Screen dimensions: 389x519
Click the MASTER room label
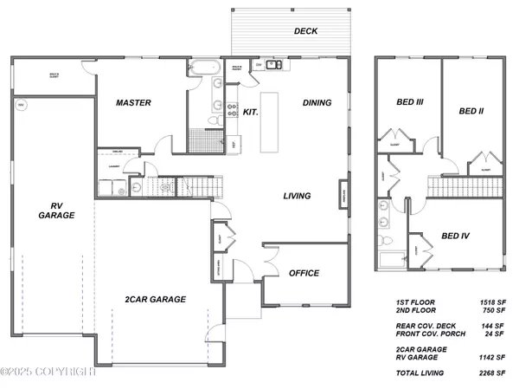pyautogui.click(x=133, y=103)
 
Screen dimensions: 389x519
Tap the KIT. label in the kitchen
pyautogui.click(x=250, y=112)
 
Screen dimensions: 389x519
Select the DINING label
pyautogui.click(x=317, y=103)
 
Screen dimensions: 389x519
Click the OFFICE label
pyautogui.click(x=304, y=273)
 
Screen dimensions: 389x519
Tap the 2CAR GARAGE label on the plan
pyautogui.click(x=156, y=299)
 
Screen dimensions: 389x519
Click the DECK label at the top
pyautogui.click(x=305, y=31)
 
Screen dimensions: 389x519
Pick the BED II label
pyautogui.click(x=471, y=111)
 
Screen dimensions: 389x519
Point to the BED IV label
pyautogui.click(x=457, y=236)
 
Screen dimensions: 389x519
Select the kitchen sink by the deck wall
pyautogui.click(x=272, y=64)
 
